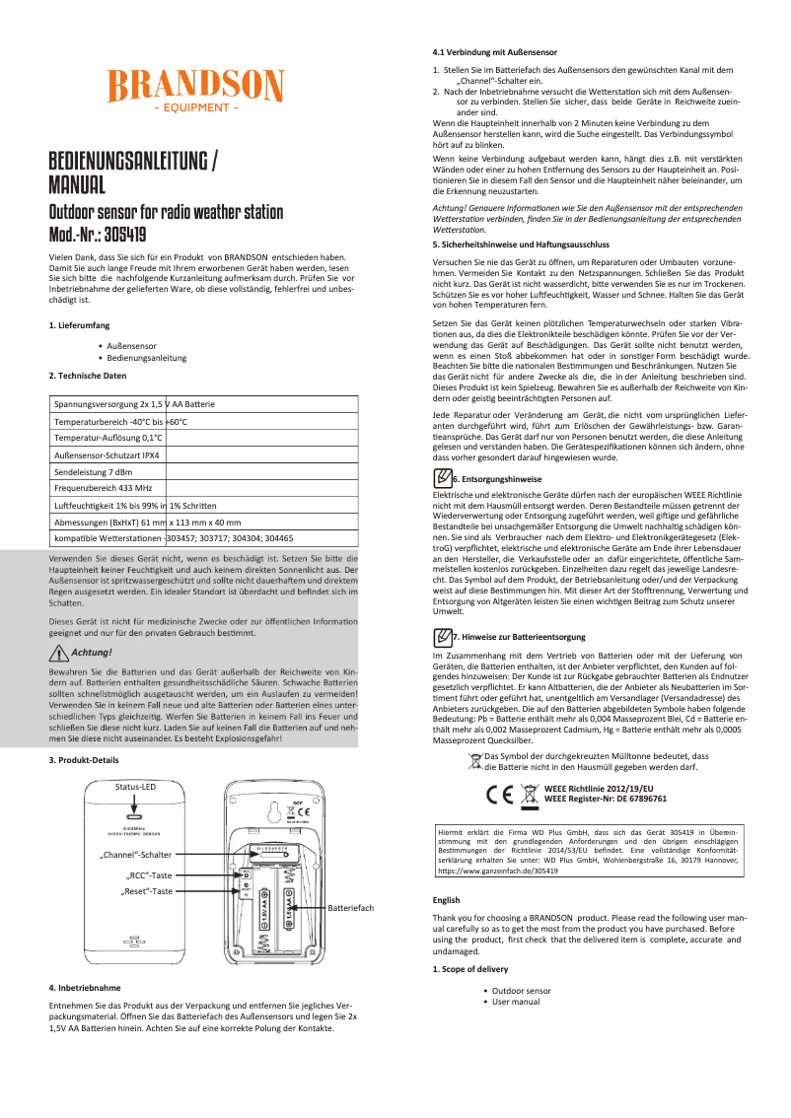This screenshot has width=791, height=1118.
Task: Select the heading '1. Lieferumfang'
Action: pyautogui.click(x=79, y=325)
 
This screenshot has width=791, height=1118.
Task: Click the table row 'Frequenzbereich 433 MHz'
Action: pyautogui.click(x=104, y=488)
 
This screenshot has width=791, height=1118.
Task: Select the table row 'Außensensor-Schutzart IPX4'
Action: pyautogui.click(x=108, y=454)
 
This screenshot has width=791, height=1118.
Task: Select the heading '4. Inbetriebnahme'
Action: pyautogui.click(x=85, y=987)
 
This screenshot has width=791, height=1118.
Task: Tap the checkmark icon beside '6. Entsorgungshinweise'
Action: pyautogui.click(x=443, y=477)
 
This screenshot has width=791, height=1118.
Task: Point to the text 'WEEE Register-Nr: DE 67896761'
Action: pyautogui.click(x=606, y=799)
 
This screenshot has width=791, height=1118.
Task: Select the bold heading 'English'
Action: pyautogui.click(x=447, y=928)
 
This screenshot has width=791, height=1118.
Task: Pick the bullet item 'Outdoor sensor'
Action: pyautogui.click(x=522, y=990)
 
